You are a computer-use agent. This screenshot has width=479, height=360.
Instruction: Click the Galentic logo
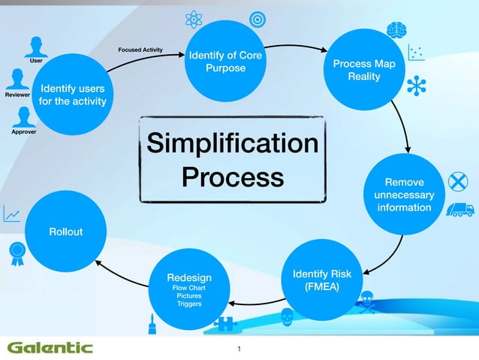pyautogui.click(x=50, y=346)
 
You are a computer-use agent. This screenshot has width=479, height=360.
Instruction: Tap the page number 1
pyautogui.click(x=239, y=349)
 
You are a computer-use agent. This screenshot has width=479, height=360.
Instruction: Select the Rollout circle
pyautogui.click(x=66, y=231)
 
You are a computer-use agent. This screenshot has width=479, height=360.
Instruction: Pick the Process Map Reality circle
pyautogui.click(x=363, y=70)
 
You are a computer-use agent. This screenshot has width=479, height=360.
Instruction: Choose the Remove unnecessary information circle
pyautogui.click(x=404, y=195)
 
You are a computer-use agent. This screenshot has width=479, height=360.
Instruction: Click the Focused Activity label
pyautogui.click(x=140, y=50)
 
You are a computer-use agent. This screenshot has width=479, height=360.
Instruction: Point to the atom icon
pyautogui.click(x=194, y=19)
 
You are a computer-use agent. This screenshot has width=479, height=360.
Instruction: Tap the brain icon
pyautogui.click(x=396, y=29)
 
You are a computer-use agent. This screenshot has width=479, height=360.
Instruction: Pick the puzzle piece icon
pyautogui.click(x=224, y=323)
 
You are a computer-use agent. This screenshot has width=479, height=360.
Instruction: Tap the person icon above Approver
pyautogui.click(x=24, y=116)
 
